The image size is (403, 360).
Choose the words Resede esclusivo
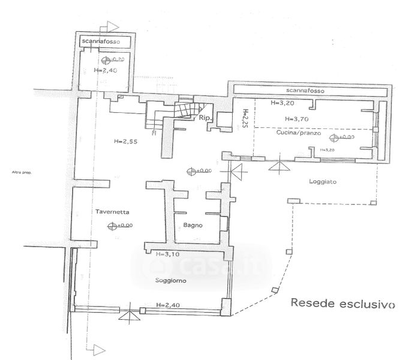(x=342, y=302)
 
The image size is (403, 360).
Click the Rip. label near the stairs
(x=203, y=118)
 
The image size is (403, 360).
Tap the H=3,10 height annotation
(x=168, y=254)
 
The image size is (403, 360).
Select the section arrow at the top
(x=109, y=26)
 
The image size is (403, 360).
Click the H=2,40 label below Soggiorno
(x=166, y=304)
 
